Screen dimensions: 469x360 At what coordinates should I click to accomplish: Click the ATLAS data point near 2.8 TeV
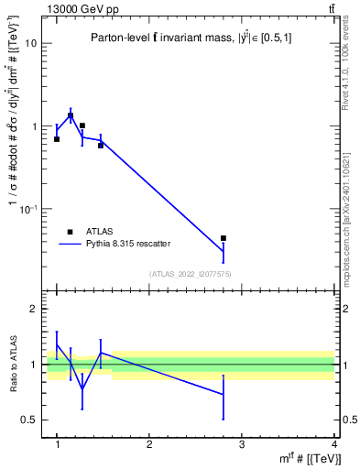click(224, 238)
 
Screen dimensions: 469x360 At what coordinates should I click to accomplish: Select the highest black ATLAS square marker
click(71, 116)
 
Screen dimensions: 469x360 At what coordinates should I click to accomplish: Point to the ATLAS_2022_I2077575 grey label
click(191, 274)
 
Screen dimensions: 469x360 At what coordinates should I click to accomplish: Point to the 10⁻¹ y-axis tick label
click(28, 209)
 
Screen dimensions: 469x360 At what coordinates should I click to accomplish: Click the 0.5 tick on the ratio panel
click(29, 420)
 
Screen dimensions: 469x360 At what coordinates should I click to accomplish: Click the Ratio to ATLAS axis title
click(12, 365)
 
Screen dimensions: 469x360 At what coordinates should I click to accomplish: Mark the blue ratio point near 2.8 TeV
click(224, 395)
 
